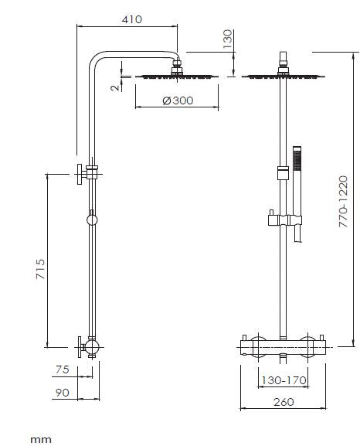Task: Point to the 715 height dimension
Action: click(40, 270)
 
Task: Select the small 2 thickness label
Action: click(114, 87)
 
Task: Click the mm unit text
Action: click(40, 438)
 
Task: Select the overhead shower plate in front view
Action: click(285, 76)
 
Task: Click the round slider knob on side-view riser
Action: click(92, 221)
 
